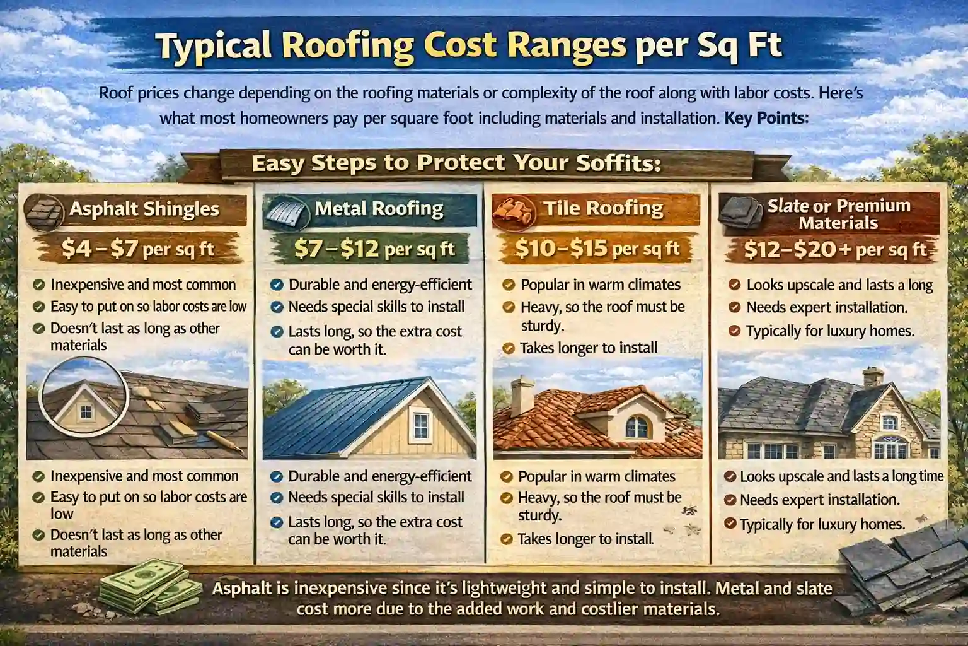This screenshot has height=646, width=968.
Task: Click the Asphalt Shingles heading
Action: pyautogui.click(x=144, y=209)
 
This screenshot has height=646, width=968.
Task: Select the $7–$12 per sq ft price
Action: pyautogui.click(x=374, y=249)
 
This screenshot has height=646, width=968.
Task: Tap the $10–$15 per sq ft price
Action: pyautogui.click(x=597, y=249)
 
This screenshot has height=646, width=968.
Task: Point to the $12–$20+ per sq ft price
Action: pyautogui.click(x=835, y=250)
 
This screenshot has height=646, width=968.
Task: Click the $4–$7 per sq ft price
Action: pyautogui.click(x=138, y=250)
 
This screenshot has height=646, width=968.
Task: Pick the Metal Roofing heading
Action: pyautogui.click(x=379, y=209)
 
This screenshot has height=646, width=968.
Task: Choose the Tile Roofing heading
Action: pyautogui.click(x=603, y=208)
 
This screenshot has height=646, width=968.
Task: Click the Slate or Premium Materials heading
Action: pyautogui.click(x=838, y=214)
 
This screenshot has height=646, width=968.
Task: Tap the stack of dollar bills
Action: pyautogui.click(x=147, y=590)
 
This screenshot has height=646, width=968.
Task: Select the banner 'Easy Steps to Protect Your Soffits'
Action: pyautogui.click(x=456, y=163)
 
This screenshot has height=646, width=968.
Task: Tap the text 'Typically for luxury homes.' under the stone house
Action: pyautogui.click(x=822, y=524)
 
